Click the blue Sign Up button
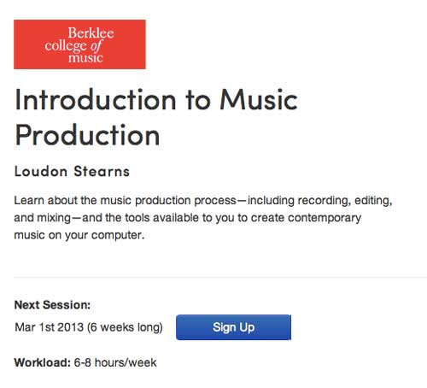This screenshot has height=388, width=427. click(233, 327)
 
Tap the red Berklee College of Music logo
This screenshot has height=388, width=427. click(79, 44)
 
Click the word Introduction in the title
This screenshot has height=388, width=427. click(96, 99)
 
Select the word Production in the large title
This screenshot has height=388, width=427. click(87, 135)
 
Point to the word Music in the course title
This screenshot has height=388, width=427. click(259, 99)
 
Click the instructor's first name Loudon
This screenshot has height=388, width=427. click(41, 171)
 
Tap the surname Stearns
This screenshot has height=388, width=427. click(102, 171)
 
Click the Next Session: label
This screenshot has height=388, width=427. click(52, 305)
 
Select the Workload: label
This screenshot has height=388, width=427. click(43, 362)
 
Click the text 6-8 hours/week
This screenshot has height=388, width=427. click(115, 362)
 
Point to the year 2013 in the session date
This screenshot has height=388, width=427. click(70, 327)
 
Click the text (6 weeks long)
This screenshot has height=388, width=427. click(125, 327)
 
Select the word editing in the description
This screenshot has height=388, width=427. click(373, 201)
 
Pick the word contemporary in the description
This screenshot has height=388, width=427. click(325, 218)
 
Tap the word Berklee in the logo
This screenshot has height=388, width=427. click(91, 32)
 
